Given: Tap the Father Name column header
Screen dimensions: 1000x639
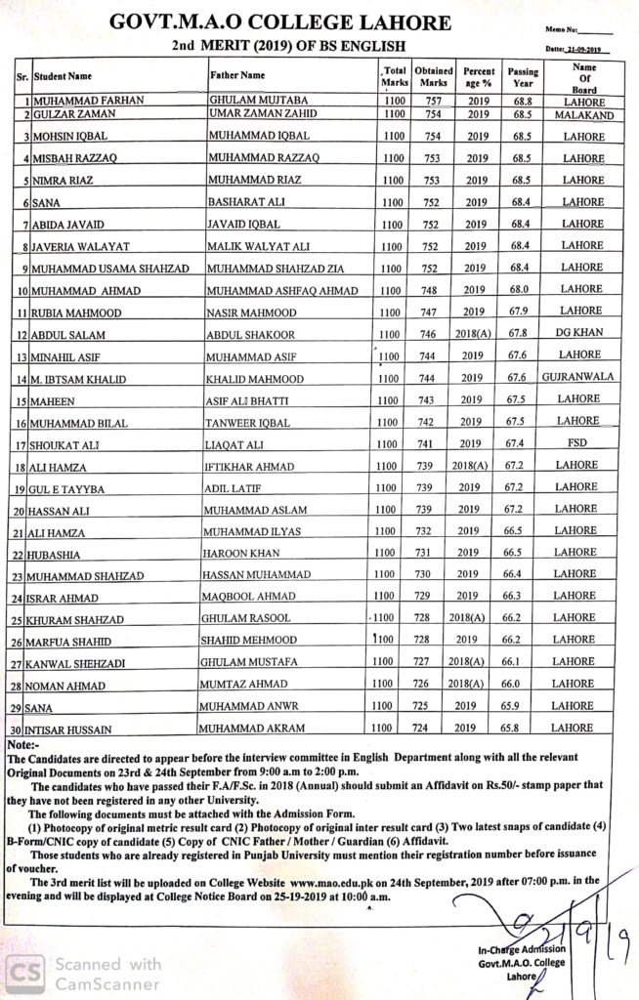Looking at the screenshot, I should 237,74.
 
